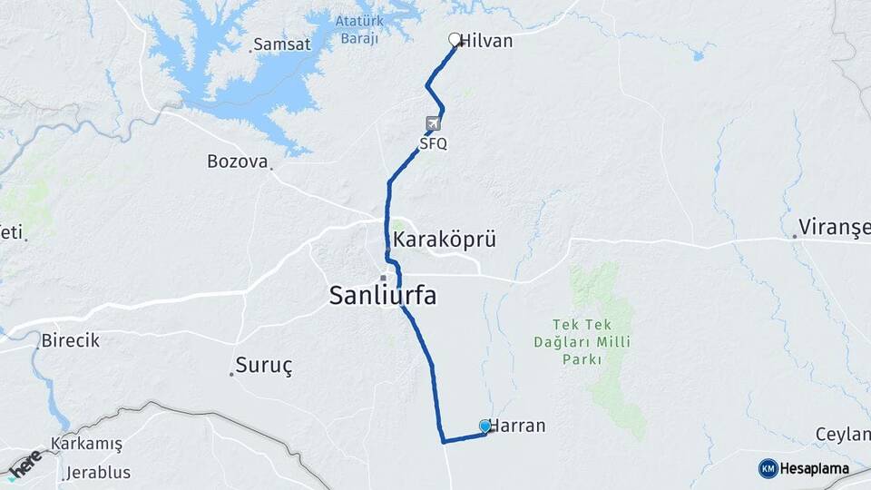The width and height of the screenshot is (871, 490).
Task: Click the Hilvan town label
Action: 487,41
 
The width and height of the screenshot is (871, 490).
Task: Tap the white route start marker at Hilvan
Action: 455,39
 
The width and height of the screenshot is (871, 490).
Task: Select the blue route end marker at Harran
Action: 485,426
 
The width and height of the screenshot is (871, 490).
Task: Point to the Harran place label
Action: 518,426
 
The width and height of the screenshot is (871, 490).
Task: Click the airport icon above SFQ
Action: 433,124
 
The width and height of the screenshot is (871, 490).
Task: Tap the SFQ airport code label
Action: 433,143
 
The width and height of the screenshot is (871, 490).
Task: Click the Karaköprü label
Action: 445,240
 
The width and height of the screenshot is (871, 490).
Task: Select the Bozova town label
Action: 237,162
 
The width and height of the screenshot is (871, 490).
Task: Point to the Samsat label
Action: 281,44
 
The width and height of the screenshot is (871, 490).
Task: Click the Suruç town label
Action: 264,366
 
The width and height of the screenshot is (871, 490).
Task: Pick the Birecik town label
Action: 70,341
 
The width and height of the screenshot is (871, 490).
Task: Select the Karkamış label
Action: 87,444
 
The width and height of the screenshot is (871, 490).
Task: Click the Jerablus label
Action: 99,473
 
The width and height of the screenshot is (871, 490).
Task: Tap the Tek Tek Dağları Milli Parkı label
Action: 591,342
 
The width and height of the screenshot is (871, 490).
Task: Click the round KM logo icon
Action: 768,468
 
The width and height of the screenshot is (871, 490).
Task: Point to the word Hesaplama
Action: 815,469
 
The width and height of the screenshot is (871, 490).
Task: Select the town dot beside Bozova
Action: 271,168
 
